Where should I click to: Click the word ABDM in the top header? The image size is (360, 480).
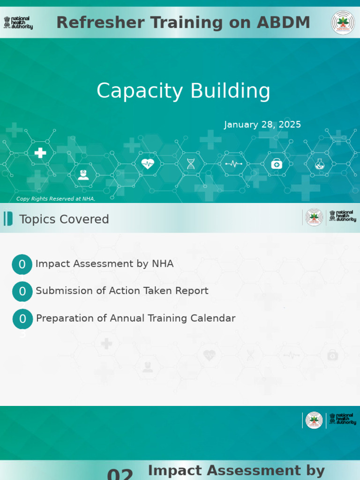tap(286, 22)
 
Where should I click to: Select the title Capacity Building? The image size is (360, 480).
tap(183, 91)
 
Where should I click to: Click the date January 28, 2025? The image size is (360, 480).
tap(262, 125)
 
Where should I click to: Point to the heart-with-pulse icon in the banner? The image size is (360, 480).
tap(148, 164)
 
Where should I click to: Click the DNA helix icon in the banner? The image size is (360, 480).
tap(191, 164)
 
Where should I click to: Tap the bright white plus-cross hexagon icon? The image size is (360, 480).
tap(40, 152)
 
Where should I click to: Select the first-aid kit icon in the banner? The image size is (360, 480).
tap(277, 164)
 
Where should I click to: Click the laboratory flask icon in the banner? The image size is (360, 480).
tap(320, 164)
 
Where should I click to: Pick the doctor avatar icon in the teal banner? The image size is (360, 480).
tap(83, 175)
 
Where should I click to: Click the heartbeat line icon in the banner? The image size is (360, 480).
tap(233, 164)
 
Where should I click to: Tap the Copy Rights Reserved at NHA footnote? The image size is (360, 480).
tap(56, 199)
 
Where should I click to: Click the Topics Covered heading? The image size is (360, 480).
tap(64, 219)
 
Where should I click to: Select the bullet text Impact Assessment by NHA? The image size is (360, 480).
tap(105, 264)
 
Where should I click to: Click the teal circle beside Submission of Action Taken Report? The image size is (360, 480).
tap(22, 292)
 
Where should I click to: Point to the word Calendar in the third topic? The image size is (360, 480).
tap(213, 318)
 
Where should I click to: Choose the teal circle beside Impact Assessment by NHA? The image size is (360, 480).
tap(22, 264)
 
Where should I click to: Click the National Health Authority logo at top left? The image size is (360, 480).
tap(18, 22)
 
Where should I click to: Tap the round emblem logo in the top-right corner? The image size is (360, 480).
tap(343, 22)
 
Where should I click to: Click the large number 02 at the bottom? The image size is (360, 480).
tap(120, 474)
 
